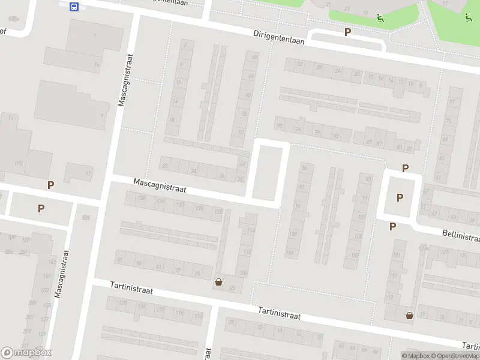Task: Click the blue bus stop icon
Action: [74, 7]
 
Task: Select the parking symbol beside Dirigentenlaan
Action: [347, 32]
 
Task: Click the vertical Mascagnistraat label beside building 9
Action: [125, 80]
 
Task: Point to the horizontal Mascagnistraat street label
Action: [160, 185]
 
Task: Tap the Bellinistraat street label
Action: [461, 235]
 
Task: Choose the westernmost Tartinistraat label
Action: [131, 289]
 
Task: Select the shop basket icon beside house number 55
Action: [219, 281]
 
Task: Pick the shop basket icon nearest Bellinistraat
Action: [410, 315]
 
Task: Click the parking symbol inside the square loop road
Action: [400, 197]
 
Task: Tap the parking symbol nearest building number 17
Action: [50, 185]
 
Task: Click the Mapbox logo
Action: [26, 353]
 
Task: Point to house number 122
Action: [219, 211]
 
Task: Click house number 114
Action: [251, 230]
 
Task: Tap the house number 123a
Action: [424, 247]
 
